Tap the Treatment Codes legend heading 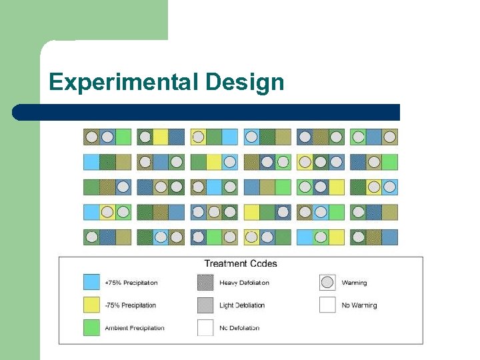[240, 263]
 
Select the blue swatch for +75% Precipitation [92, 283]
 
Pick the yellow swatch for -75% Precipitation [92, 305]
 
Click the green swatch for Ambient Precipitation [92, 327]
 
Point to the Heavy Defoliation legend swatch [206, 283]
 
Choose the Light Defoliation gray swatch [206, 305]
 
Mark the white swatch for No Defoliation [206, 327]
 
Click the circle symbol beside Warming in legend [327, 283]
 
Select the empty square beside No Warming [327, 305]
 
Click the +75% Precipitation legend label [131, 283]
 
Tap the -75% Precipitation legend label [130, 305]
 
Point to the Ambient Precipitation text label [134, 328]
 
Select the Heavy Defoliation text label [244, 283]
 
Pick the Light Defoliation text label [242, 305]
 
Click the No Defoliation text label [239, 328]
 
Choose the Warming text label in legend [354, 283]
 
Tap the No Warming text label [359, 305]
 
